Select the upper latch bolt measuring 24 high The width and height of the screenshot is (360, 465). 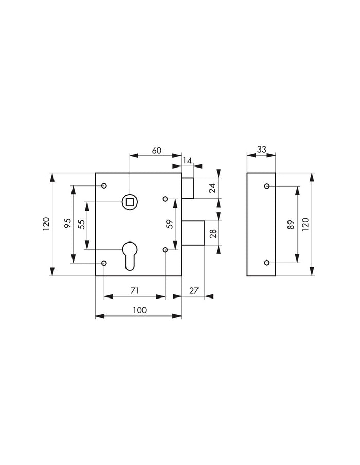click(x=187, y=188)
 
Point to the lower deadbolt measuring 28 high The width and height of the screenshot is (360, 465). click(x=193, y=233)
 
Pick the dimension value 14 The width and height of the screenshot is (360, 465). click(x=187, y=161)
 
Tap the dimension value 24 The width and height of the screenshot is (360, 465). click(x=213, y=188)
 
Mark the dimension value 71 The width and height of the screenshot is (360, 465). click(x=134, y=291)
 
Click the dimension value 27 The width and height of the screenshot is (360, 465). click(x=193, y=291)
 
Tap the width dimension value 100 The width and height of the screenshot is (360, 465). click(x=139, y=310)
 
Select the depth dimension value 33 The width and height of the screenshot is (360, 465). click(x=261, y=150)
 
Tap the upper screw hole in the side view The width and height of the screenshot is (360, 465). click(x=266, y=186)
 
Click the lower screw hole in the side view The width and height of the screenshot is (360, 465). click(x=266, y=263)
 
